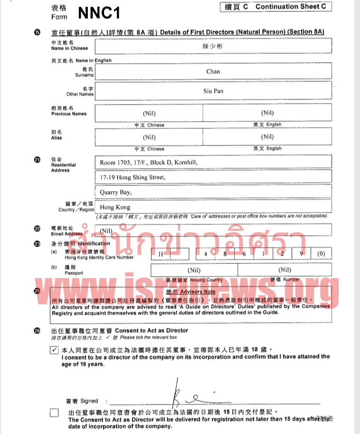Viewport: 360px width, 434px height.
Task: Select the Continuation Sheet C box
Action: pyautogui.click(x=275, y=7)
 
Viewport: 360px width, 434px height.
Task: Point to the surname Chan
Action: pyautogui.click(x=213, y=71)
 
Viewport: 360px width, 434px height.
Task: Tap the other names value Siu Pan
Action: pyautogui.click(x=213, y=91)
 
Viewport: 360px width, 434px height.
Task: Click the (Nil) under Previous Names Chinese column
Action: pyautogui.click(x=149, y=113)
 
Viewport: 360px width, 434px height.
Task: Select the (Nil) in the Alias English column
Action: pyautogui.click(x=267, y=137)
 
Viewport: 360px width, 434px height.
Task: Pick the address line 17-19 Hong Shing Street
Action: pyautogui.click(x=133, y=177)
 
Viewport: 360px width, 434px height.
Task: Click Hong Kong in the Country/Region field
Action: pyautogui.click(x=115, y=207)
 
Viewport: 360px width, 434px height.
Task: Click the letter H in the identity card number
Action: pyautogui.click(x=161, y=253)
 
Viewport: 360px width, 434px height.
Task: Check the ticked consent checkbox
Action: pyautogui.click(x=54, y=350)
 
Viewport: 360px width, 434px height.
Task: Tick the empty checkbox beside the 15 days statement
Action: pyautogui.click(x=54, y=413)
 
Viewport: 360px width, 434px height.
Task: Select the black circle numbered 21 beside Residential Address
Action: pyautogui.click(x=37, y=160)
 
